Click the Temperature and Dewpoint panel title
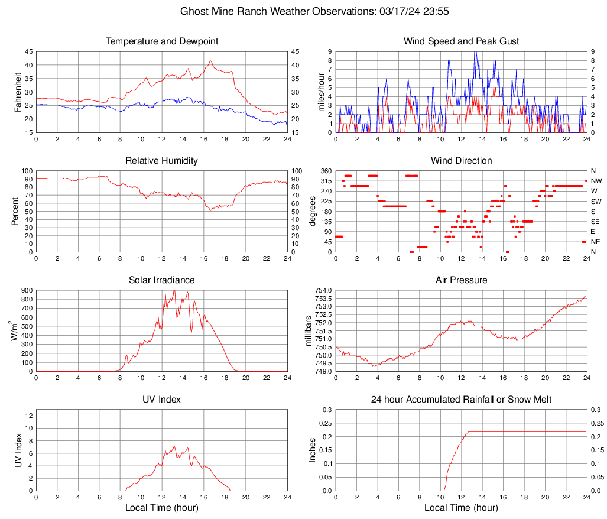click(162, 41)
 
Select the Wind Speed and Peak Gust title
click(461, 41)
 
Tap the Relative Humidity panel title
click(162, 161)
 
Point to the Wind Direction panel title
click(461, 161)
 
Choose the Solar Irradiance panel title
click(162, 280)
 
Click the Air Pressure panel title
click(461, 280)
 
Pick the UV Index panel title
click(162, 400)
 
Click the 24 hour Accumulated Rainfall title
click(461, 400)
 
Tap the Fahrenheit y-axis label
click(17, 92)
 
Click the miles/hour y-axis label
click(322, 92)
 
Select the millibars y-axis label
click(308, 330)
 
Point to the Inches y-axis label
click(313, 450)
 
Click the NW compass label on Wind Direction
click(596, 181)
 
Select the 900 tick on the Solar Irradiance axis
click(25, 291)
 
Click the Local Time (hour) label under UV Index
click(162, 508)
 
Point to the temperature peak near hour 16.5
click(210, 61)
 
